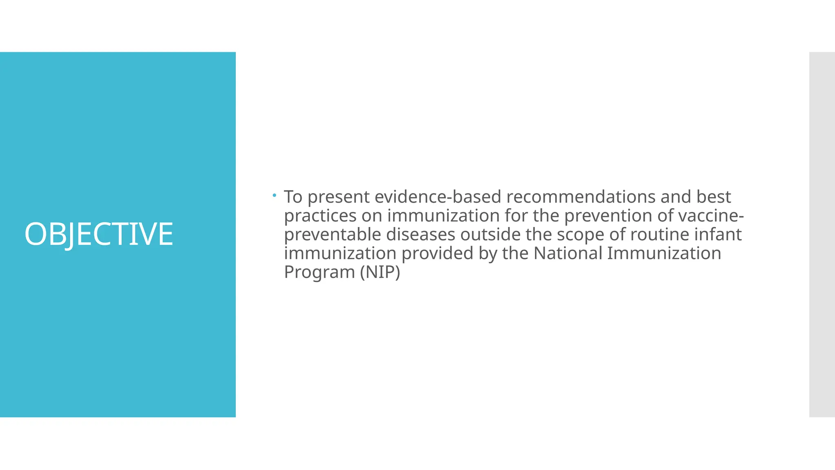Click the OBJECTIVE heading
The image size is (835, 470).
pyautogui.click(x=99, y=234)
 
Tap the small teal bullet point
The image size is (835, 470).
pyautogui.click(x=275, y=195)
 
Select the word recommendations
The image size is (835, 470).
pyautogui.click(x=581, y=197)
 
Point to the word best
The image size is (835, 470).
pyautogui.click(x=714, y=197)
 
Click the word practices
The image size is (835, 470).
pyautogui.click(x=320, y=216)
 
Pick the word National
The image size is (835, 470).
pyautogui.click(x=568, y=253)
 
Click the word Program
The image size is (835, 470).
pyautogui.click(x=319, y=273)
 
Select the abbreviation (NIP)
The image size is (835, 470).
pyautogui.click(x=380, y=273)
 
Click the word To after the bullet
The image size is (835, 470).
pyautogui.click(x=293, y=197)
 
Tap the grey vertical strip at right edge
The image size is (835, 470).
pyautogui.click(x=822, y=234)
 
